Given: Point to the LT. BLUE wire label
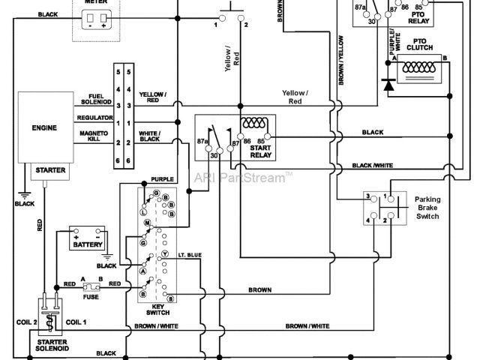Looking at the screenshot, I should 190,256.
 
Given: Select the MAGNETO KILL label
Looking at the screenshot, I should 91,136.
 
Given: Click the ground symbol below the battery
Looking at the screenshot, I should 100,256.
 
